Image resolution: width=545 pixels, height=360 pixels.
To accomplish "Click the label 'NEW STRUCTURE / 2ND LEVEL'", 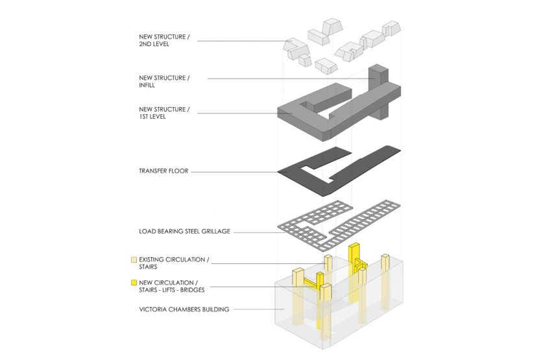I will pyautogui.click(x=164, y=41).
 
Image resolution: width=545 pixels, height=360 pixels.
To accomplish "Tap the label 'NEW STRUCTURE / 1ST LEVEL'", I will pyautogui.click(x=164, y=113).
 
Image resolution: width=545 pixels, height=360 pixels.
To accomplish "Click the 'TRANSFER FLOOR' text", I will pyautogui.click(x=163, y=172).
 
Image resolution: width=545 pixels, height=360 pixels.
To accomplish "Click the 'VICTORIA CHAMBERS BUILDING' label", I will pyautogui.click(x=184, y=309).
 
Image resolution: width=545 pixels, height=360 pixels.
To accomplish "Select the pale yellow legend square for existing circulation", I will pyautogui.click(x=134, y=259).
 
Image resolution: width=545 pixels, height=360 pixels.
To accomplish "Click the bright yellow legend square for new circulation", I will pyautogui.click(x=134, y=283).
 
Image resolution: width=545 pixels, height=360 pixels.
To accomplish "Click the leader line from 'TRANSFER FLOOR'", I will pyautogui.click(x=234, y=172).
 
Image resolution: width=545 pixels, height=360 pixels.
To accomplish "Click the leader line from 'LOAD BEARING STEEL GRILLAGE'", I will pyautogui.click(x=256, y=231).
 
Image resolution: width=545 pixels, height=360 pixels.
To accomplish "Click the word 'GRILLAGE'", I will pyautogui.click(x=215, y=231).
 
